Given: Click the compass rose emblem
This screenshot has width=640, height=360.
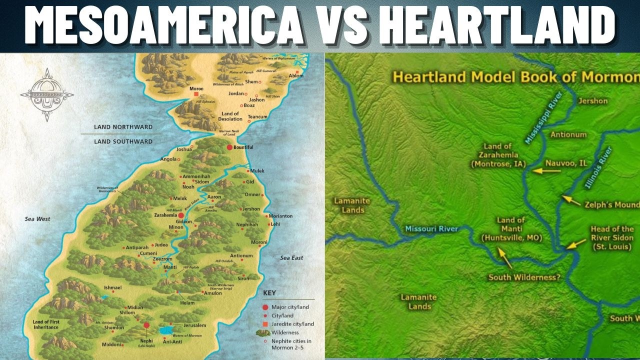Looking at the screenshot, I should [x=47, y=94].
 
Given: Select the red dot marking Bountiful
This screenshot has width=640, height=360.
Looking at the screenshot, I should [x=229, y=147].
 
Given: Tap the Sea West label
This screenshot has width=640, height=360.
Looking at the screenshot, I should [x=38, y=219].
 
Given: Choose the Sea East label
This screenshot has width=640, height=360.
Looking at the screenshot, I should [x=291, y=258].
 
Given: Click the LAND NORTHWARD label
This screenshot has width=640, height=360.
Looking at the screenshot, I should [x=123, y=127].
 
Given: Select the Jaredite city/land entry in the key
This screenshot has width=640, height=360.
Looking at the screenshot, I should [x=292, y=324].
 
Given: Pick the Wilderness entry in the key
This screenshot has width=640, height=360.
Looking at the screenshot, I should [x=284, y=332].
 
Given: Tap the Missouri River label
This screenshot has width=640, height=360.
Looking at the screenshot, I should [x=431, y=229].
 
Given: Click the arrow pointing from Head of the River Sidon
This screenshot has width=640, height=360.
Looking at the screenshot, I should [x=576, y=244].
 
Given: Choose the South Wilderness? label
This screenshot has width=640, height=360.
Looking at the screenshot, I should [x=524, y=277].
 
